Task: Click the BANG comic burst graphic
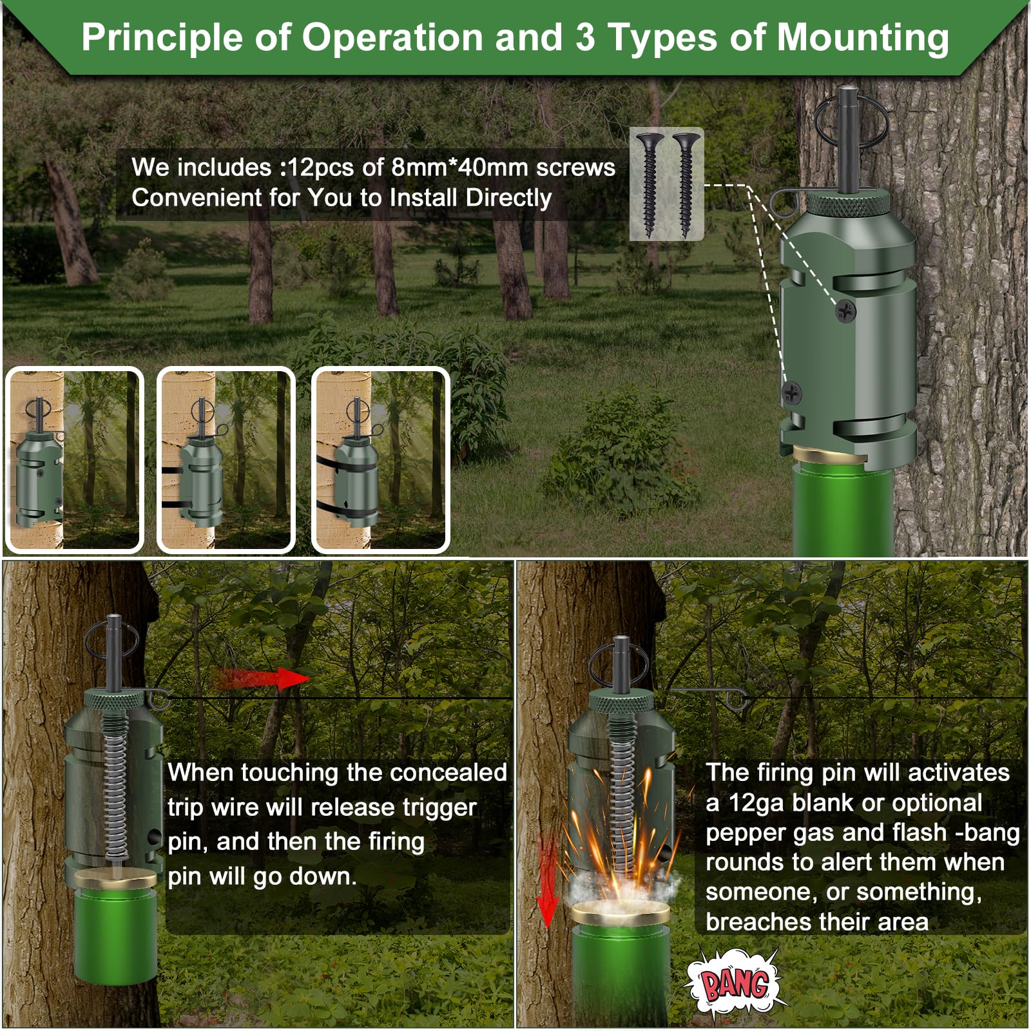coord(735,984)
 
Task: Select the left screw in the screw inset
coord(650,183)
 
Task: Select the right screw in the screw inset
coord(686,183)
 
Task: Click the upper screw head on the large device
coord(845,311)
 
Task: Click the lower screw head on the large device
coord(791,392)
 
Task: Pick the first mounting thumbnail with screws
coord(73,460)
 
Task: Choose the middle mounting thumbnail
coord(226,460)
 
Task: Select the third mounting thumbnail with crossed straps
coord(380,460)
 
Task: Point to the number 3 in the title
coord(584,37)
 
